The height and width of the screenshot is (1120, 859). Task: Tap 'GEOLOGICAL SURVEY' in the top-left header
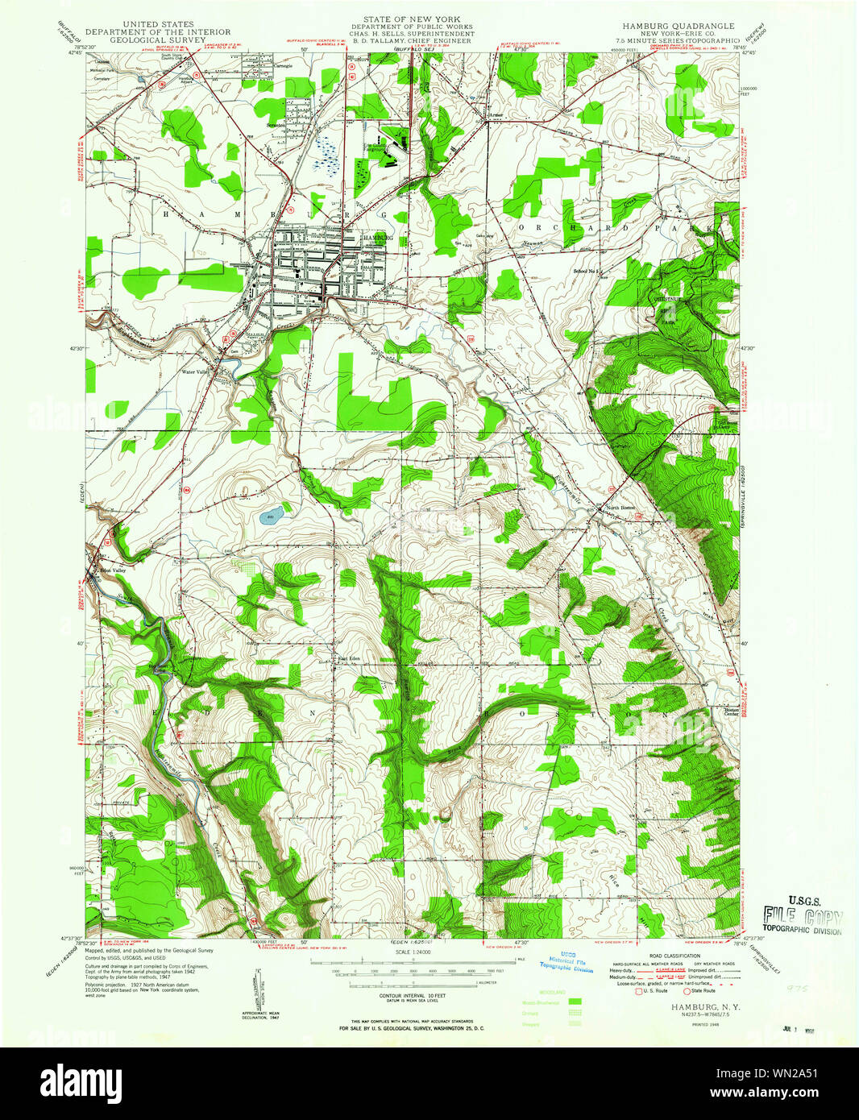(x=147, y=39)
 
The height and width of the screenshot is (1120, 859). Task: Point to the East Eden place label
(x=348, y=658)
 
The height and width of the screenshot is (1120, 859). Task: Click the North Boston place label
(x=621, y=508)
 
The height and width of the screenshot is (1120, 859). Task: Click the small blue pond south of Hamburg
(x=271, y=518)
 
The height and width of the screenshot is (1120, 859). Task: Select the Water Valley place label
(x=196, y=371)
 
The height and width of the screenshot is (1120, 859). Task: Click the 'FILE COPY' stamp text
(x=803, y=918)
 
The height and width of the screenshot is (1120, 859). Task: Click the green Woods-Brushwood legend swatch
(x=575, y=1002)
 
